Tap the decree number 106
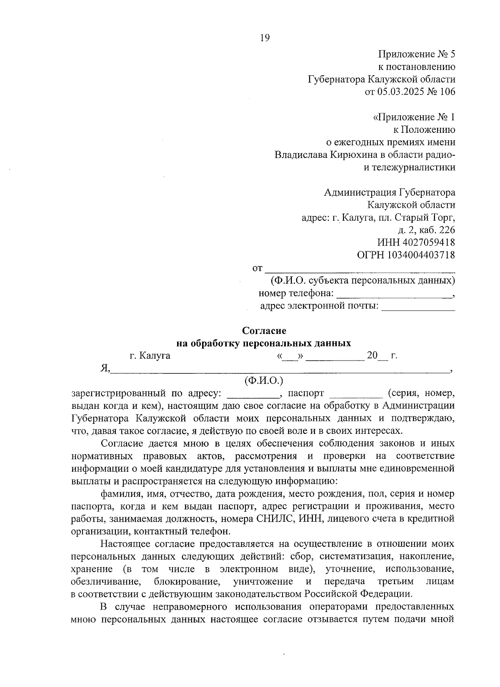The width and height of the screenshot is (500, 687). pos(447,92)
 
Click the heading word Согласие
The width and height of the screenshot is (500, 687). pos(264,331)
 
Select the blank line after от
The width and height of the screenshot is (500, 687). pos(360,271)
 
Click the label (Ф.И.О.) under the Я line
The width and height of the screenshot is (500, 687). pos(264,380)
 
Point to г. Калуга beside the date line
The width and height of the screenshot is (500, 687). pos(150,356)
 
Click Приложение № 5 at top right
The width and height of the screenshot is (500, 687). pos(417,54)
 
